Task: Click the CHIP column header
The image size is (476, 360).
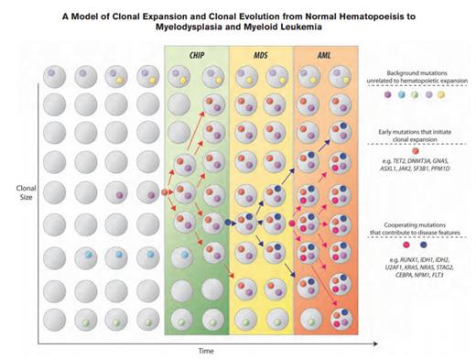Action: coord(197,56)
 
